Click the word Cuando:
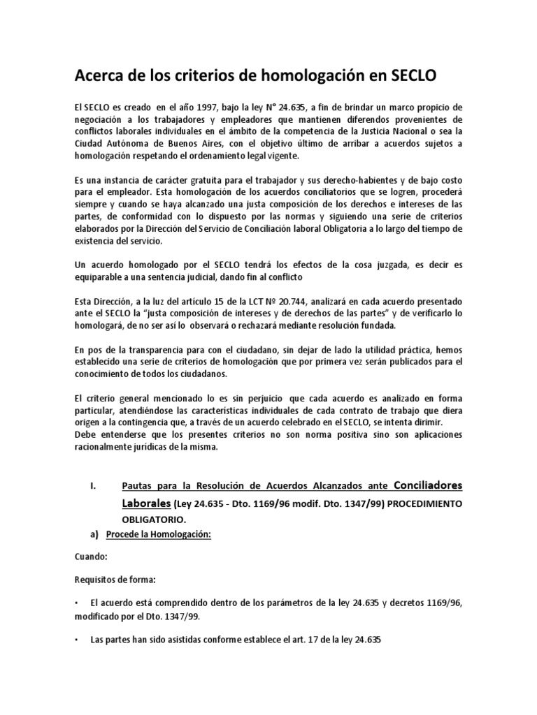(x=91, y=559)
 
